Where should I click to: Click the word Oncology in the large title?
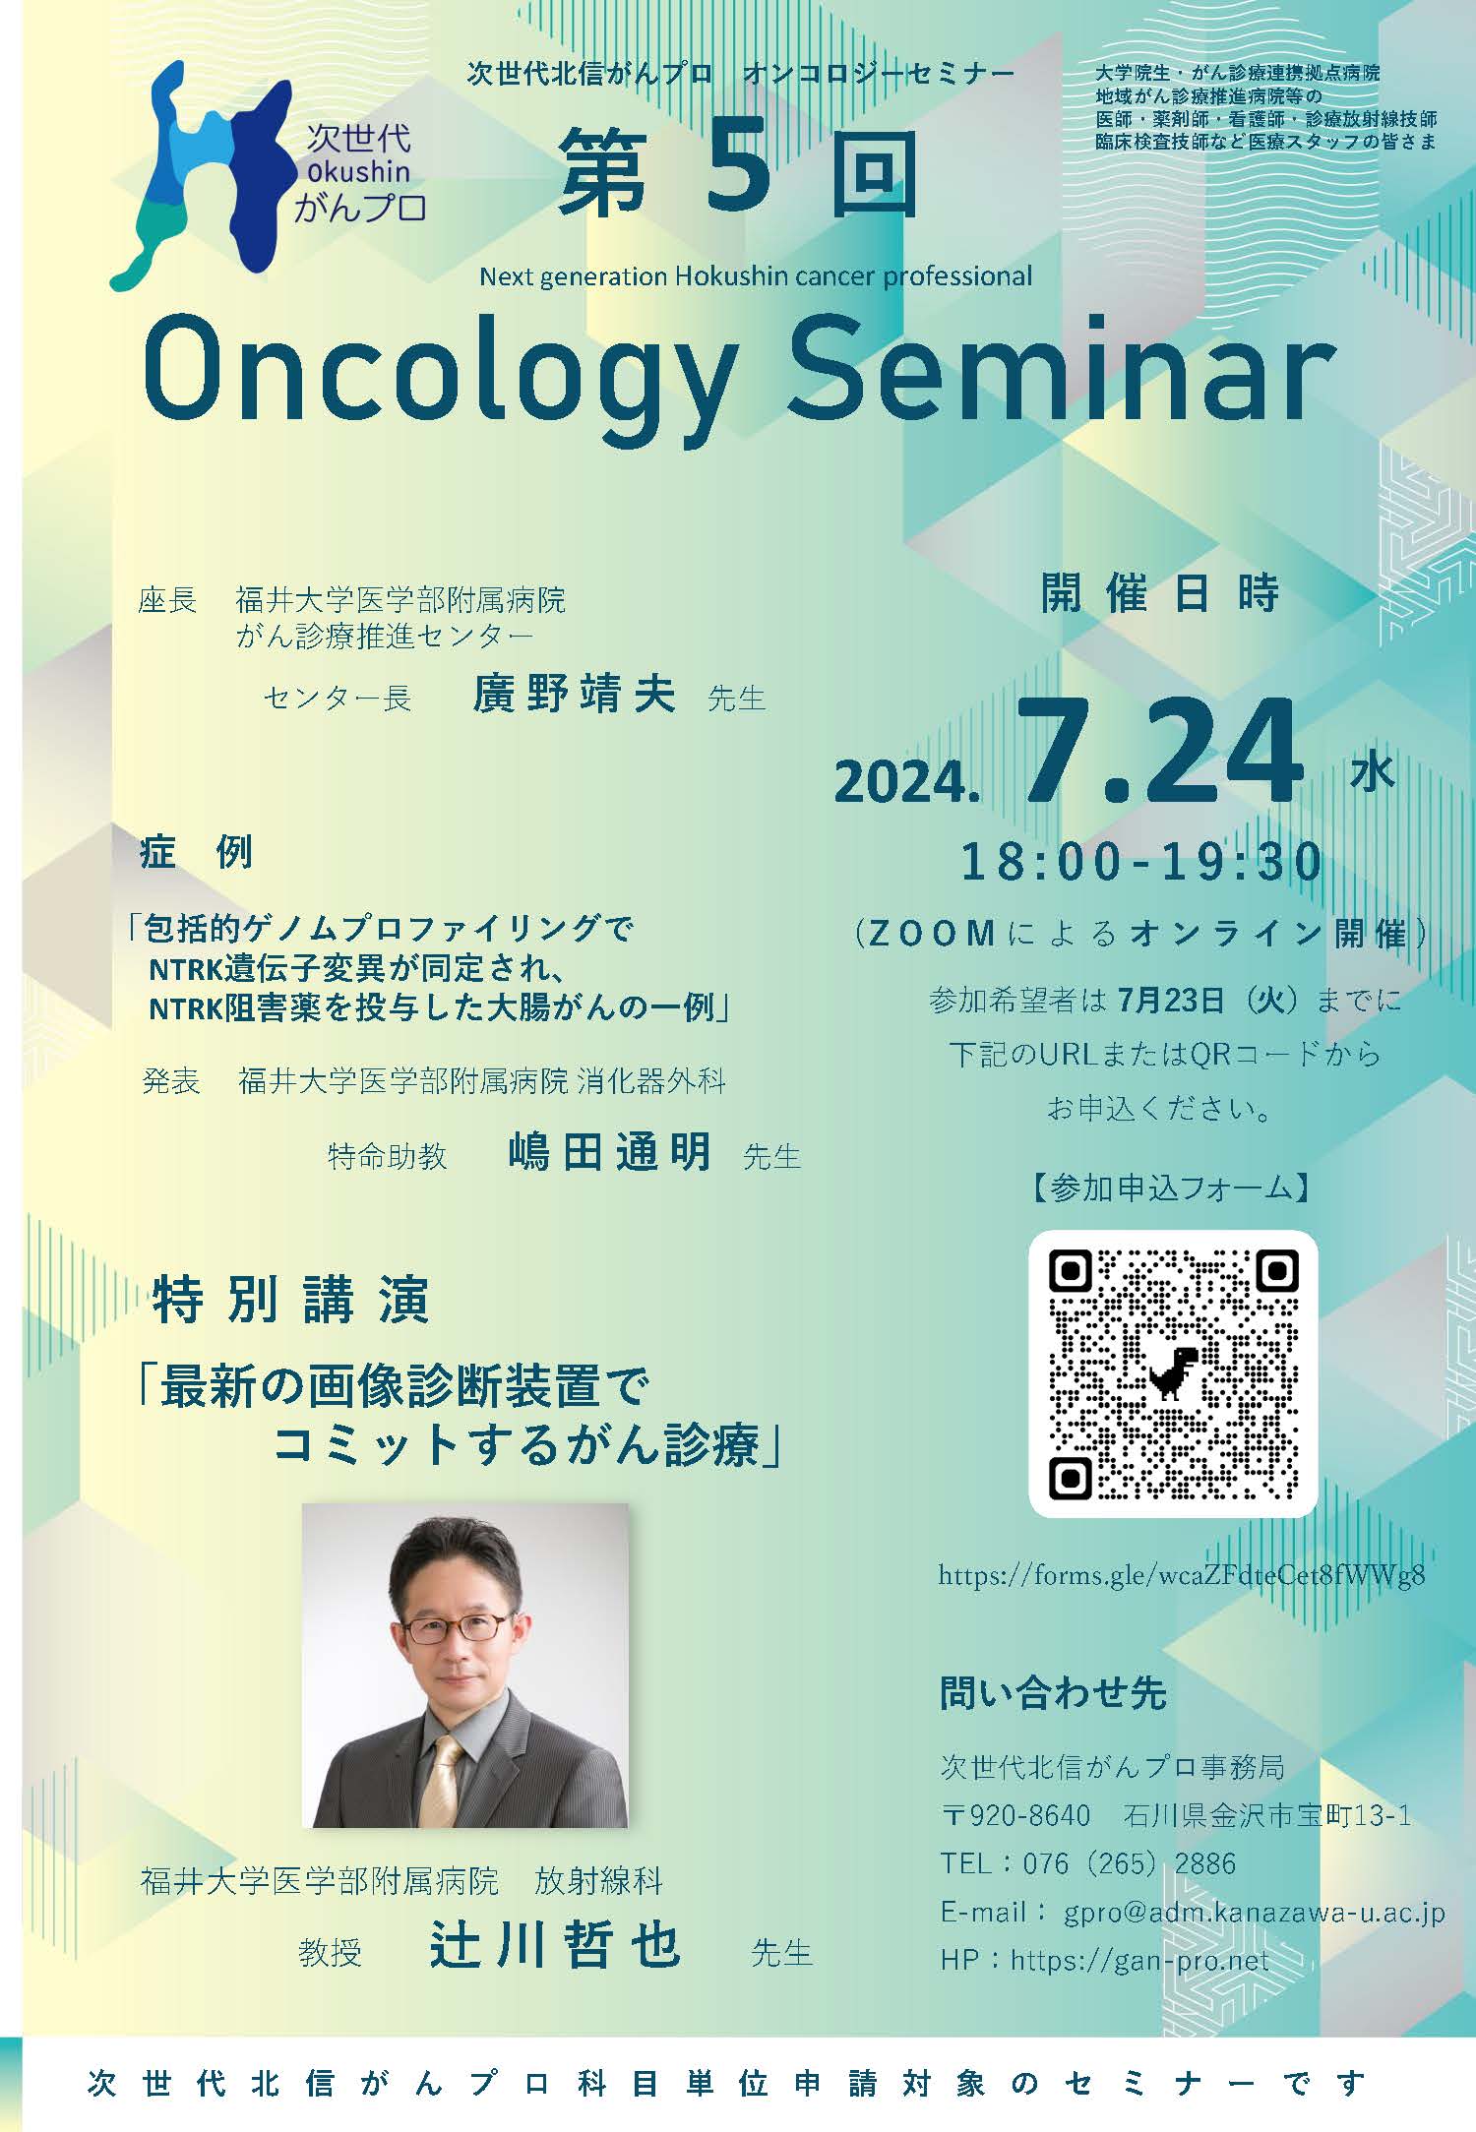pos(438,372)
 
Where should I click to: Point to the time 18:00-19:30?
pos(1141,863)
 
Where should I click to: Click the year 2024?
pos(907,783)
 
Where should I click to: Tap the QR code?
pos(1173,1373)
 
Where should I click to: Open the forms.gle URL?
pos(1182,1575)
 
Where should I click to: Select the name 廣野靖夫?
pos(574,694)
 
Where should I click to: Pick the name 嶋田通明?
pos(610,1150)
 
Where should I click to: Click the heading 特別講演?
pos(291,1300)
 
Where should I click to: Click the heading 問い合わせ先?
pos(1053,1691)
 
